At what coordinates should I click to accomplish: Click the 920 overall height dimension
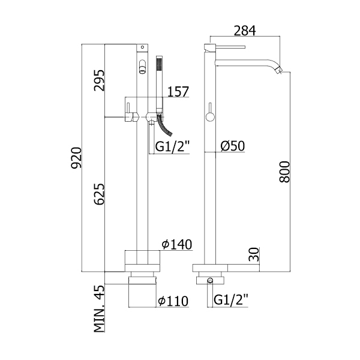pyautogui.click(x=76, y=158)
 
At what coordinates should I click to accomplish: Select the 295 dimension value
pyautogui.click(x=99, y=80)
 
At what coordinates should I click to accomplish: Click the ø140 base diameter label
pyautogui.click(x=176, y=244)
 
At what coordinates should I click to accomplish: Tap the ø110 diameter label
pyautogui.click(x=175, y=300)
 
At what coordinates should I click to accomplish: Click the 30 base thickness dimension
pyautogui.click(x=254, y=254)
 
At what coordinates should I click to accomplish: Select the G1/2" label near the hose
pyautogui.click(x=172, y=146)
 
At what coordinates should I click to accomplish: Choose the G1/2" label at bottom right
pyautogui.click(x=230, y=298)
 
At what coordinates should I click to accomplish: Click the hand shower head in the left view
pyautogui.click(x=159, y=65)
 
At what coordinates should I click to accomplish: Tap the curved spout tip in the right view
pyautogui.click(x=278, y=71)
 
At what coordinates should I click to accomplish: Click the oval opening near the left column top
pyautogui.click(x=143, y=67)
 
